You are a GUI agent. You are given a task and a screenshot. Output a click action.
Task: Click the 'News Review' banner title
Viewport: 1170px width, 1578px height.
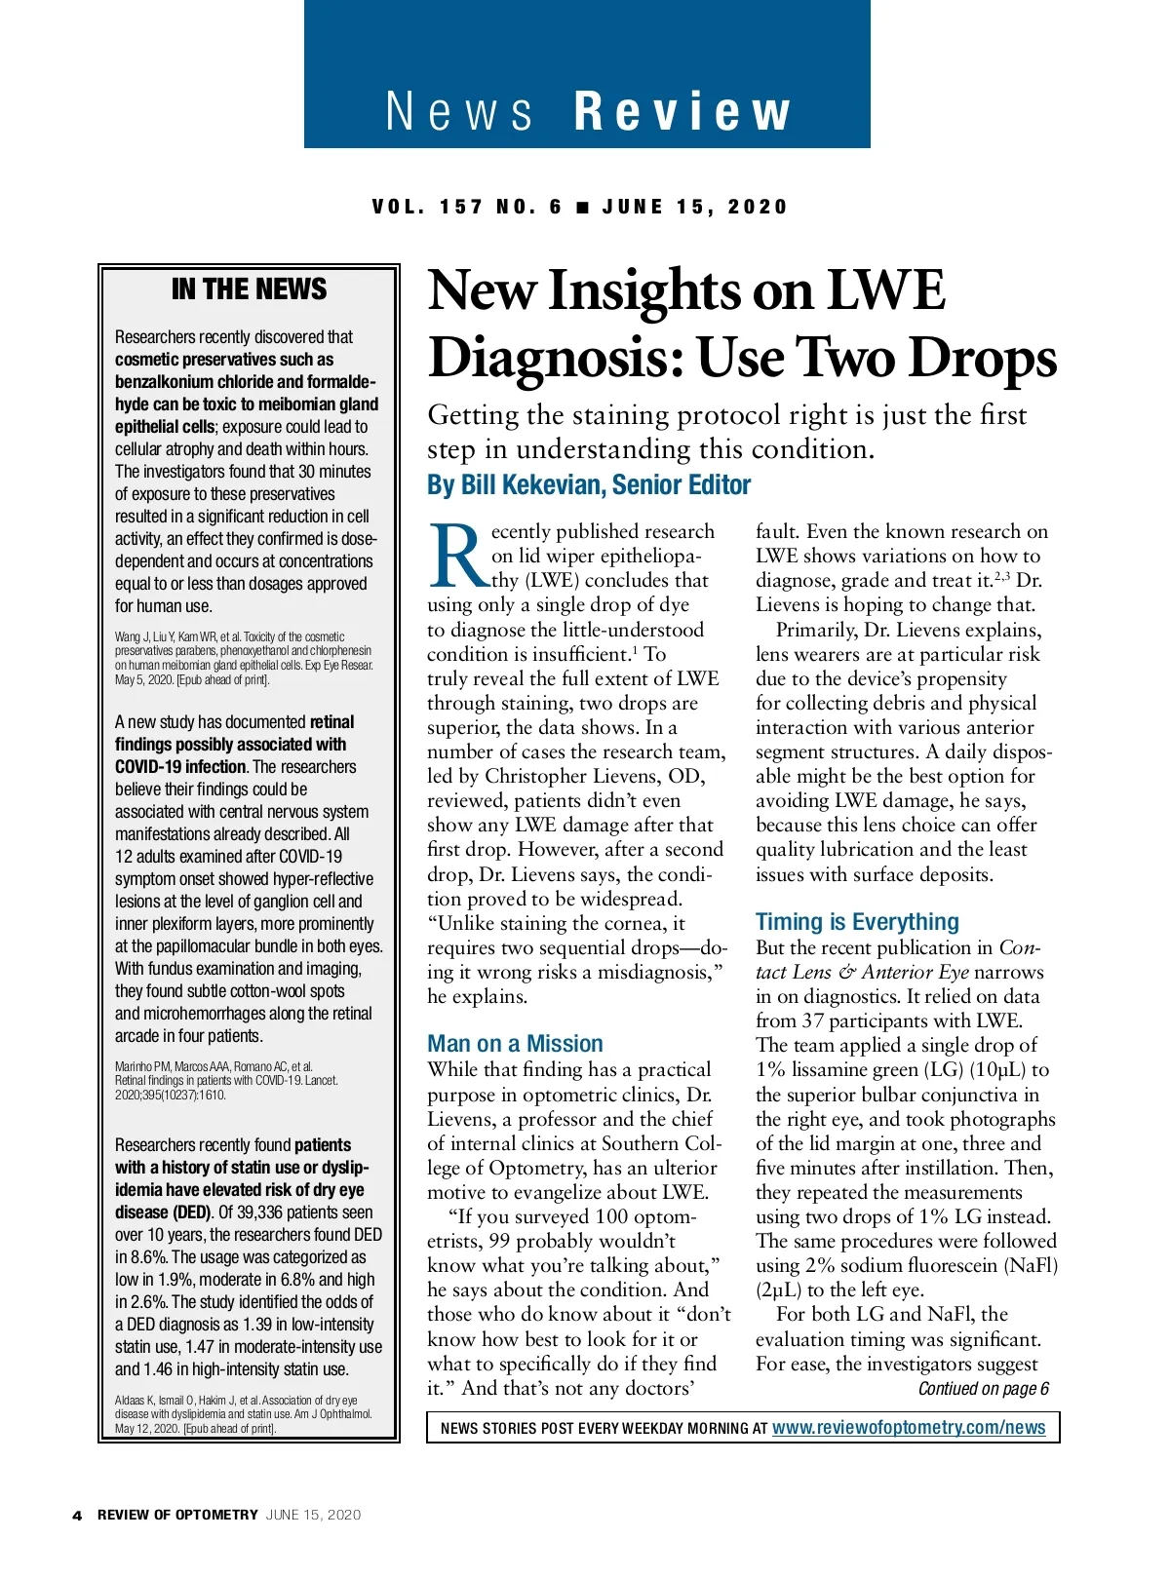pos(587,110)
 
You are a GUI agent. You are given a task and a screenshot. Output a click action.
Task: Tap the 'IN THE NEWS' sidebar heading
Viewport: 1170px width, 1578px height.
pos(249,289)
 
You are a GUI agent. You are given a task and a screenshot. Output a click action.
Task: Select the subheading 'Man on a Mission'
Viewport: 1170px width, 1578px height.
pos(515,1043)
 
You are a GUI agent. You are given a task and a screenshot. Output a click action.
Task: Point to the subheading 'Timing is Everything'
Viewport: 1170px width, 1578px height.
pos(857,921)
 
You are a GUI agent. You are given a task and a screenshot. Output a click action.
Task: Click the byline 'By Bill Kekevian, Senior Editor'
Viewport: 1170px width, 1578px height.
pos(589,484)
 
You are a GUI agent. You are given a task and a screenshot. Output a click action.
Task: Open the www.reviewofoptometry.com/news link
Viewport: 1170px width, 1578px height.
pos(909,1428)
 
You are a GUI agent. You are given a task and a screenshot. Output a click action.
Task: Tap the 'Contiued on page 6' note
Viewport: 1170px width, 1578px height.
pos(983,1389)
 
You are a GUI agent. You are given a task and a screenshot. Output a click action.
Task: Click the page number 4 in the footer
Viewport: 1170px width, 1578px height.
pos(77,1515)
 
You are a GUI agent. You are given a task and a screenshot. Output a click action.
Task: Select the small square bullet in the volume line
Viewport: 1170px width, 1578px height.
pos(582,207)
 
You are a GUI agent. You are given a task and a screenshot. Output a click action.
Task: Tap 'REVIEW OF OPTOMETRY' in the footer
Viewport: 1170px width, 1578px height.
pos(177,1515)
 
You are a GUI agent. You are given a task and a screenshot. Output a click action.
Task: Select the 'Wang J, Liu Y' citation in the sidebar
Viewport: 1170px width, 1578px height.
pos(244,658)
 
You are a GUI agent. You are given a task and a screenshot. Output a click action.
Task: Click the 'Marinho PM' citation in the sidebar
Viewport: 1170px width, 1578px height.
pos(226,1080)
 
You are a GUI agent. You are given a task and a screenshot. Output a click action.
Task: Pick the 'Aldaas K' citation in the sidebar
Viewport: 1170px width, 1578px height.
pos(244,1414)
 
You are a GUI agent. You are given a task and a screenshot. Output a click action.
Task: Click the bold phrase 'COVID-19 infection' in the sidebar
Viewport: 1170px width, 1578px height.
pos(180,767)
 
